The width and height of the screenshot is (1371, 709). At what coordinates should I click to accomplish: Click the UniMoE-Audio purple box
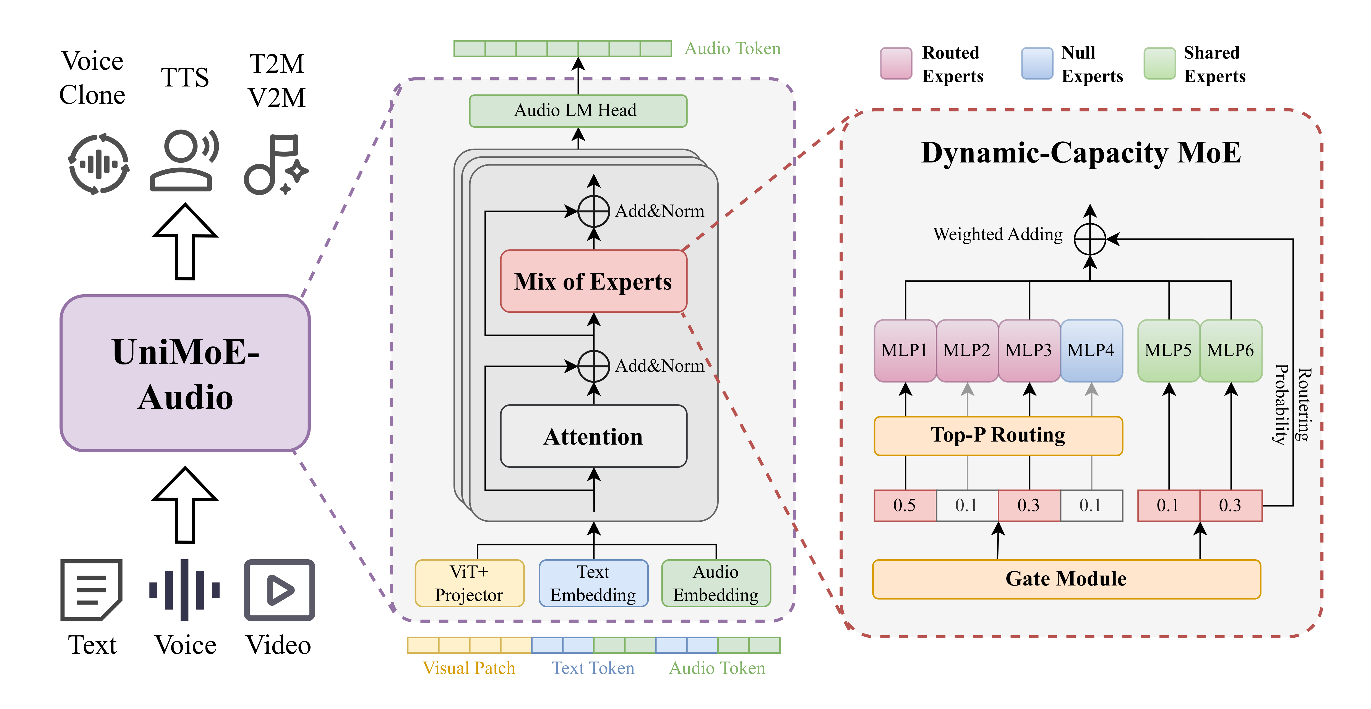185,373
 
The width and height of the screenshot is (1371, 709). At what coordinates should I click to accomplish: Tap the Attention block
593,436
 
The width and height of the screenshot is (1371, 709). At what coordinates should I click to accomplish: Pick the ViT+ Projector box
470,583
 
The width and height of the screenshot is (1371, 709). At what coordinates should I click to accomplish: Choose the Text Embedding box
593,583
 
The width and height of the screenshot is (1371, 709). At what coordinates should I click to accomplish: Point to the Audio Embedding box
716,583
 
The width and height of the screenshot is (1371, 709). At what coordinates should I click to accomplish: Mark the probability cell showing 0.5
905,505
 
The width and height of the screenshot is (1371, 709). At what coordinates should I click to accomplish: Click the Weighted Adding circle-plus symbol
1090,239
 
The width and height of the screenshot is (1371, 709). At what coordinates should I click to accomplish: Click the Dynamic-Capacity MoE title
1080,153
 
